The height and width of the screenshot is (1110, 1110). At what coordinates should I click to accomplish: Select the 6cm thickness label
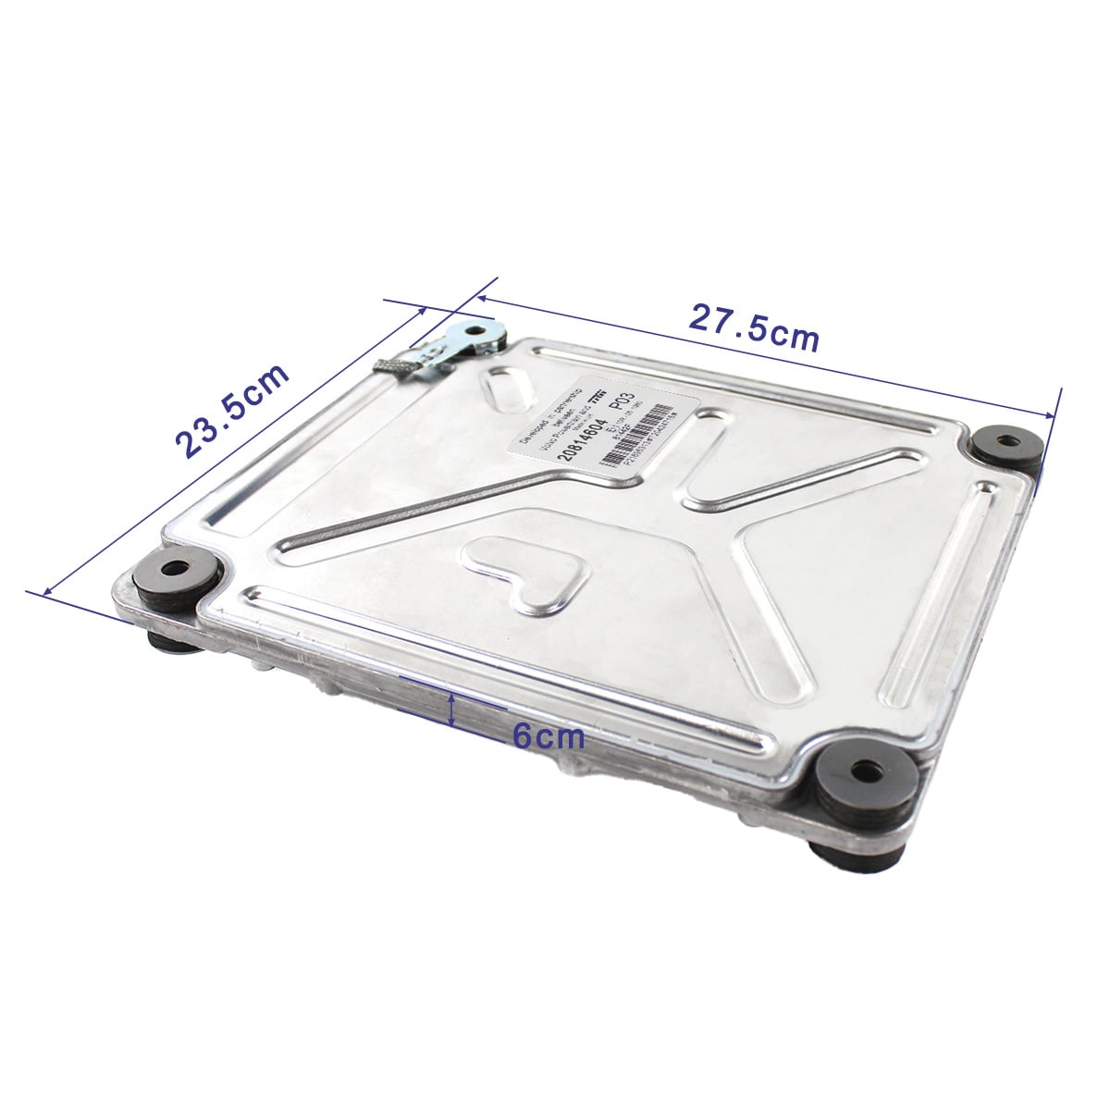[x=549, y=737]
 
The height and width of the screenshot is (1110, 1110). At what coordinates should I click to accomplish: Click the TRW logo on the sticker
[x=598, y=396]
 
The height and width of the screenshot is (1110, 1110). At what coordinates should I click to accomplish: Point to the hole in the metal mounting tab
[x=479, y=330]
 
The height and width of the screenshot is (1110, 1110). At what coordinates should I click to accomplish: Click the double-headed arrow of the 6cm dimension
[x=451, y=710]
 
